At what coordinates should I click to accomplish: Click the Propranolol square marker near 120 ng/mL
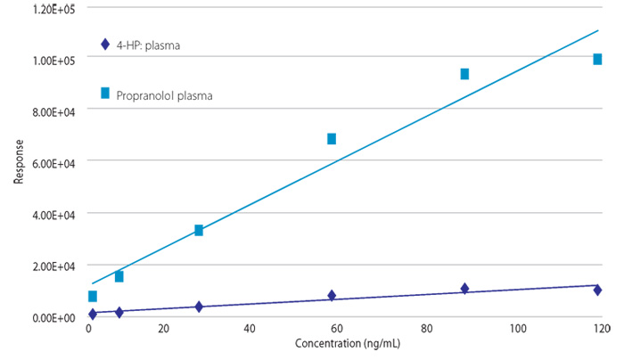[x=597, y=60]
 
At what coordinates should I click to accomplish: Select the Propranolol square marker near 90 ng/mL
[x=464, y=74]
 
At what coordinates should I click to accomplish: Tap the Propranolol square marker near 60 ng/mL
[x=332, y=139]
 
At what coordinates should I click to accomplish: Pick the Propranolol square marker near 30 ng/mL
[x=199, y=230]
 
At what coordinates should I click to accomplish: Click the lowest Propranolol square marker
[x=93, y=297]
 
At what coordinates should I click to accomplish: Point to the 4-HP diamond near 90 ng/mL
[x=464, y=289]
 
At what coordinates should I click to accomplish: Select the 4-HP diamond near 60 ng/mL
[x=332, y=296]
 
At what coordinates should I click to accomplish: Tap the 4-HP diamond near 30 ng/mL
[x=199, y=307]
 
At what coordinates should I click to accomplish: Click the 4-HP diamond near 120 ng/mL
[x=597, y=290]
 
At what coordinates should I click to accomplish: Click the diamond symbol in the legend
[x=105, y=45]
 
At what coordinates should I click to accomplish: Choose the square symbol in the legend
[x=105, y=93]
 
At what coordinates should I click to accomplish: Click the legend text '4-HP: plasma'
[x=148, y=45]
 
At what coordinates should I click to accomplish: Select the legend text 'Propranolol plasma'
[x=164, y=96]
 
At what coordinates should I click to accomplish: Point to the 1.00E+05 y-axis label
[x=53, y=61]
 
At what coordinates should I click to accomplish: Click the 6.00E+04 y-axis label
[x=53, y=163]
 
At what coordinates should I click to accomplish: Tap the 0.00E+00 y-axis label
[x=53, y=318]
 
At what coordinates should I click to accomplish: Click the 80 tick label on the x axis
[x=427, y=329]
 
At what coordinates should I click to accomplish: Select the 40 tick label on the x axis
[x=249, y=329]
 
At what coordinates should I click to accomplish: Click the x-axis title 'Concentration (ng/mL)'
[x=348, y=344]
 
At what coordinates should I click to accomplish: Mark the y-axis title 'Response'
[x=19, y=162]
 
